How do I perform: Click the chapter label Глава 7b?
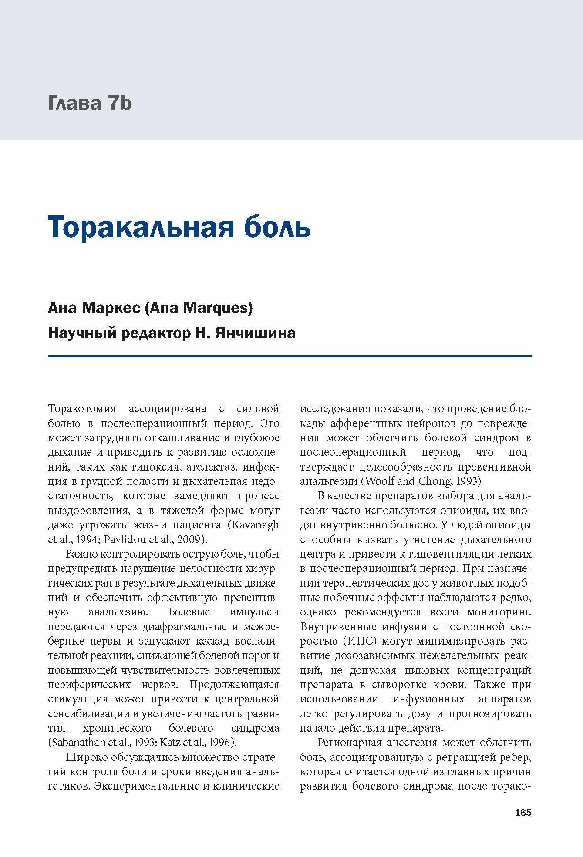tap(90, 104)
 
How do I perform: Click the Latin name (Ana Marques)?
tap(199, 308)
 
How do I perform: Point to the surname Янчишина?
tap(256, 333)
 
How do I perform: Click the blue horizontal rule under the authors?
tap(290, 356)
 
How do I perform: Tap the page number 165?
tap(523, 813)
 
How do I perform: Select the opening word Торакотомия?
tap(82, 409)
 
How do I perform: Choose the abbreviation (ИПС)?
tap(359, 641)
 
